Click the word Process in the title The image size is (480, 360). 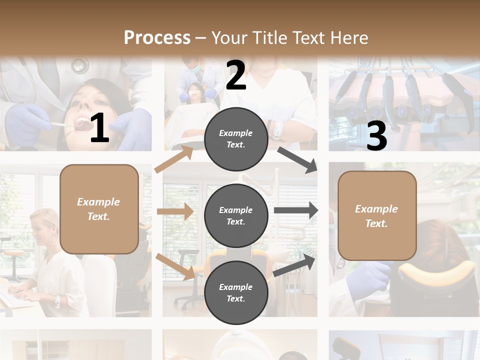click(157, 38)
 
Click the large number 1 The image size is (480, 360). click(99, 128)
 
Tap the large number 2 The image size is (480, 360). click(236, 75)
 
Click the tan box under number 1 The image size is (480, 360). click(99, 209)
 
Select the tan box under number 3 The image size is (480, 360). click(377, 216)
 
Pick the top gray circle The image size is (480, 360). click(236, 139)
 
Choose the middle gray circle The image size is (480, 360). click(236, 215)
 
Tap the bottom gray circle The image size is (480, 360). click(236, 292)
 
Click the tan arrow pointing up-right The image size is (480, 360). click(174, 159)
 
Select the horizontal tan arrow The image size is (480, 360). click(175, 211)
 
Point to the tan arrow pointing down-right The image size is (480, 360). click(175, 266)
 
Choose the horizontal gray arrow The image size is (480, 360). click(296, 210)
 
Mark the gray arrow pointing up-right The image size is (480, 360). click(295, 264)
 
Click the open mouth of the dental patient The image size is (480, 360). click(80, 123)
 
